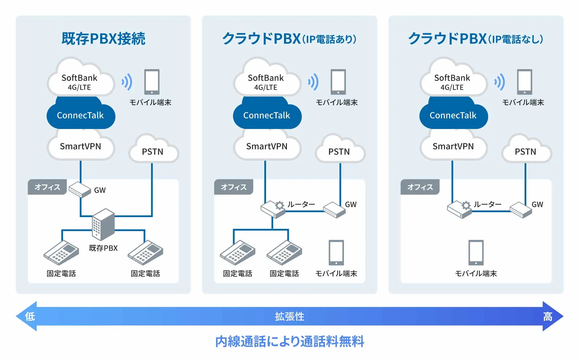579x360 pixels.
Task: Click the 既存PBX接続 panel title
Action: click(x=103, y=39)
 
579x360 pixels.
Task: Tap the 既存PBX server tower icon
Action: click(x=103, y=224)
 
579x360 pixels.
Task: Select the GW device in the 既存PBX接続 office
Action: click(x=80, y=190)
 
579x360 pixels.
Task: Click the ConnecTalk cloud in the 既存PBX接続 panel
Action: click(x=81, y=115)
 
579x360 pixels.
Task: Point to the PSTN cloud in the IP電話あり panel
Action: click(x=339, y=151)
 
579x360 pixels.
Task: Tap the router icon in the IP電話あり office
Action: click(x=273, y=209)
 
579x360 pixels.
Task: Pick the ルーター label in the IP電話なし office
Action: click(x=488, y=204)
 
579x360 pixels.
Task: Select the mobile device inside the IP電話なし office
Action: click(x=476, y=253)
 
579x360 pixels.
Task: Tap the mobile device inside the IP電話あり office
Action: click(x=336, y=253)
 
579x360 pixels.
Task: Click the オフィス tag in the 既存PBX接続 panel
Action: click(x=47, y=187)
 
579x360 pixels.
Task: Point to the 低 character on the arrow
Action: click(x=30, y=316)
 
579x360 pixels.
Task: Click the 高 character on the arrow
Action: click(x=547, y=316)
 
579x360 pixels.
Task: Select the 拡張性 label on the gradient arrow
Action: click(x=289, y=316)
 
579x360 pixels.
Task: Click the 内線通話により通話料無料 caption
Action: click(x=289, y=341)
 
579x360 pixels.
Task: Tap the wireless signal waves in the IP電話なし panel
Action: click(x=500, y=82)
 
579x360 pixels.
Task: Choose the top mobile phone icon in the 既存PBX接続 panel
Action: click(x=152, y=82)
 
